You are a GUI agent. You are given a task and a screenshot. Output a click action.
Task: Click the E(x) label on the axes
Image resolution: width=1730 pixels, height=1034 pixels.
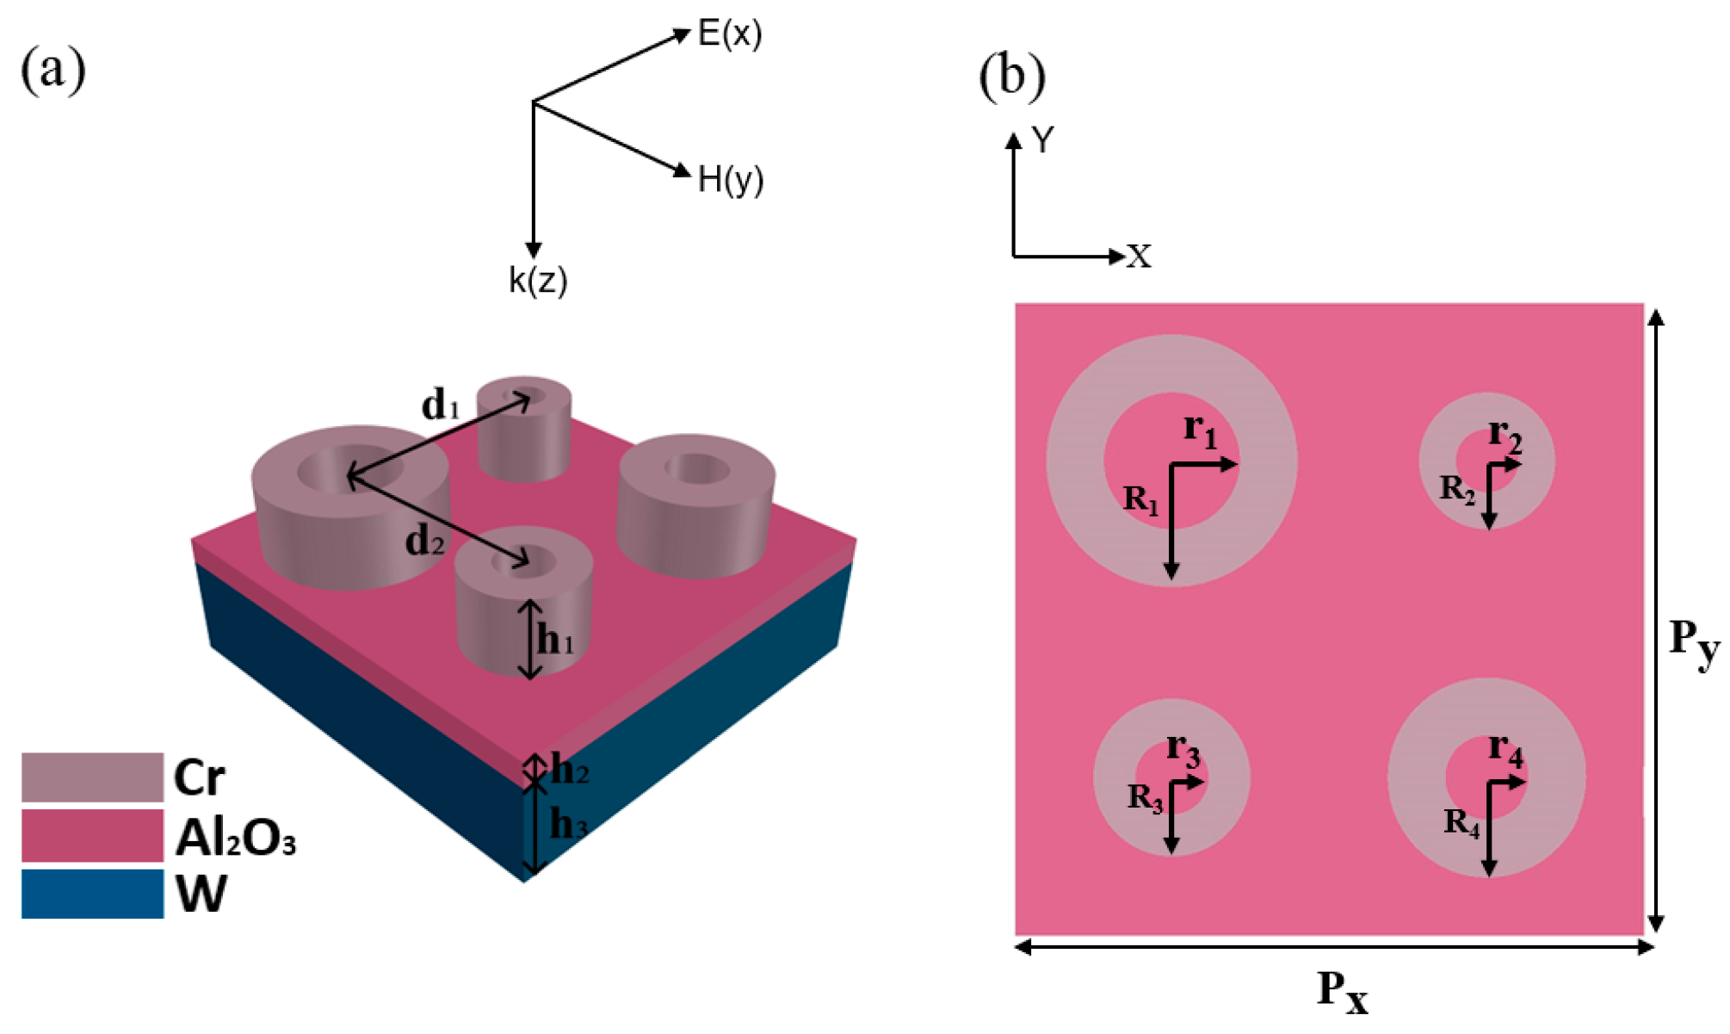click(x=729, y=34)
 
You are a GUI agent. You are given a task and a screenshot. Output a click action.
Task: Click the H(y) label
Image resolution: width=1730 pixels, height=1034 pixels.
click(x=730, y=179)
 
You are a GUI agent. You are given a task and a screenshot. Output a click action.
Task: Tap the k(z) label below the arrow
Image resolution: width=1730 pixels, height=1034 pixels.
click(x=538, y=280)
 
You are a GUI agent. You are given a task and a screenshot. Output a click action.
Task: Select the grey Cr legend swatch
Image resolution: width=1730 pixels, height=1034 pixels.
click(x=92, y=777)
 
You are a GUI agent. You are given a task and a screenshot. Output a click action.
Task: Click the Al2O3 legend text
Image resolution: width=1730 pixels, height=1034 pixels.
click(x=235, y=837)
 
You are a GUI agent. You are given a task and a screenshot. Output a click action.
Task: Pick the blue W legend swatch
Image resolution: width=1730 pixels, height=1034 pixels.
click(x=92, y=894)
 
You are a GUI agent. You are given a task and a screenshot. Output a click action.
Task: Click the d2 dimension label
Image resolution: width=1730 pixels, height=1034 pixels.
click(x=425, y=541)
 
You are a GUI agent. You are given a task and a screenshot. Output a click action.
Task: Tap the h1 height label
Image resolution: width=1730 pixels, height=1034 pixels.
click(x=555, y=640)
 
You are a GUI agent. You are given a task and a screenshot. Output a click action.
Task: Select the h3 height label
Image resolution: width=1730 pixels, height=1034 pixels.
click(x=568, y=824)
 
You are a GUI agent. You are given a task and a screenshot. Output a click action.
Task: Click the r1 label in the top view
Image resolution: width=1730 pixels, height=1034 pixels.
click(x=1200, y=429)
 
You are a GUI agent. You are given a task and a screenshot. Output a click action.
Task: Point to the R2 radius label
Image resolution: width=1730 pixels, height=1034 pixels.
click(x=1457, y=489)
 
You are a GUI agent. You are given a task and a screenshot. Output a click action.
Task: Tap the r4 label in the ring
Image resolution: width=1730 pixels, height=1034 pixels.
click(x=1505, y=749)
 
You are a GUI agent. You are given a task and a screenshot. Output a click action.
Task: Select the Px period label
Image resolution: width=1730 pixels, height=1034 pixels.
click(x=1342, y=991)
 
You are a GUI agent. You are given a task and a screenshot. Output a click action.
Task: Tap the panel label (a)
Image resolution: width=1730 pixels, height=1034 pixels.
click(x=53, y=69)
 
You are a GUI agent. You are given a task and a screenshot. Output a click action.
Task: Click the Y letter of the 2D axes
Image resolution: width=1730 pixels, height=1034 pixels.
click(x=1043, y=139)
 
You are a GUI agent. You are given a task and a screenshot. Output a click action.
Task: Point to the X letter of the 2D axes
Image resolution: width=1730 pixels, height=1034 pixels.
click(x=1139, y=256)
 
